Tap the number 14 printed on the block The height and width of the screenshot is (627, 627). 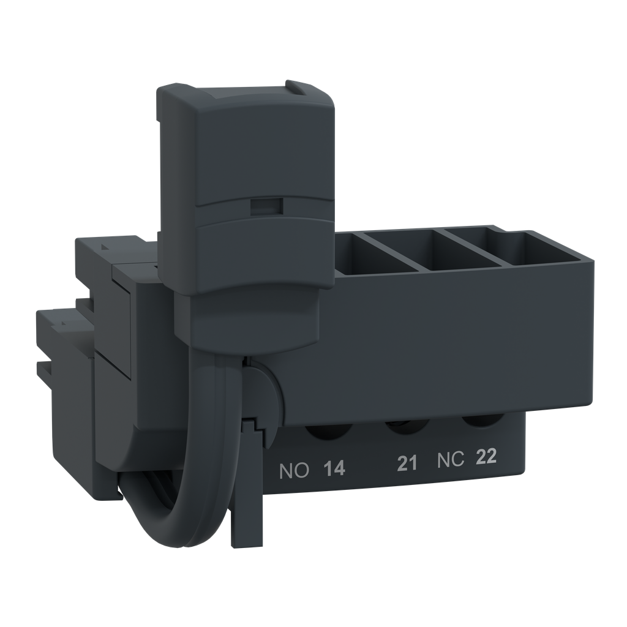pyautogui.click(x=334, y=470)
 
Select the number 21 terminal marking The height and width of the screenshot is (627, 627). pyautogui.click(x=407, y=464)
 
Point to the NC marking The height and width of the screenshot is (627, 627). pyautogui.click(x=451, y=460)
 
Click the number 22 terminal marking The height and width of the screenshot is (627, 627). pyautogui.click(x=486, y=457)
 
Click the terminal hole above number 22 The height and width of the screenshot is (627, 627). pyautogui.click(x=481, y=421)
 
